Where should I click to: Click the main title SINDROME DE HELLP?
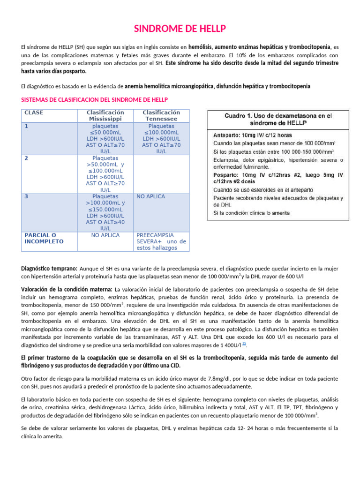180,29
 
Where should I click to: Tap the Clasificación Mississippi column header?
105,116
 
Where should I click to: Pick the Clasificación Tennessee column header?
161,116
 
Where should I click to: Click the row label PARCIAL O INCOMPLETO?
40,238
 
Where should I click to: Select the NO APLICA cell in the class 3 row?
150,197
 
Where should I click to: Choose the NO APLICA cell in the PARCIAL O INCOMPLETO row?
105,235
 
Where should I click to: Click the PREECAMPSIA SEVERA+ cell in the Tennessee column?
161,241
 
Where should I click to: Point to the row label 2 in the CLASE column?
26,158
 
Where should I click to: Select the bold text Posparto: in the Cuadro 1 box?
227,174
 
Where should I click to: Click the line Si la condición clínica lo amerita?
251,213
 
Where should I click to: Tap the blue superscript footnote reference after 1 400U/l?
244,344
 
